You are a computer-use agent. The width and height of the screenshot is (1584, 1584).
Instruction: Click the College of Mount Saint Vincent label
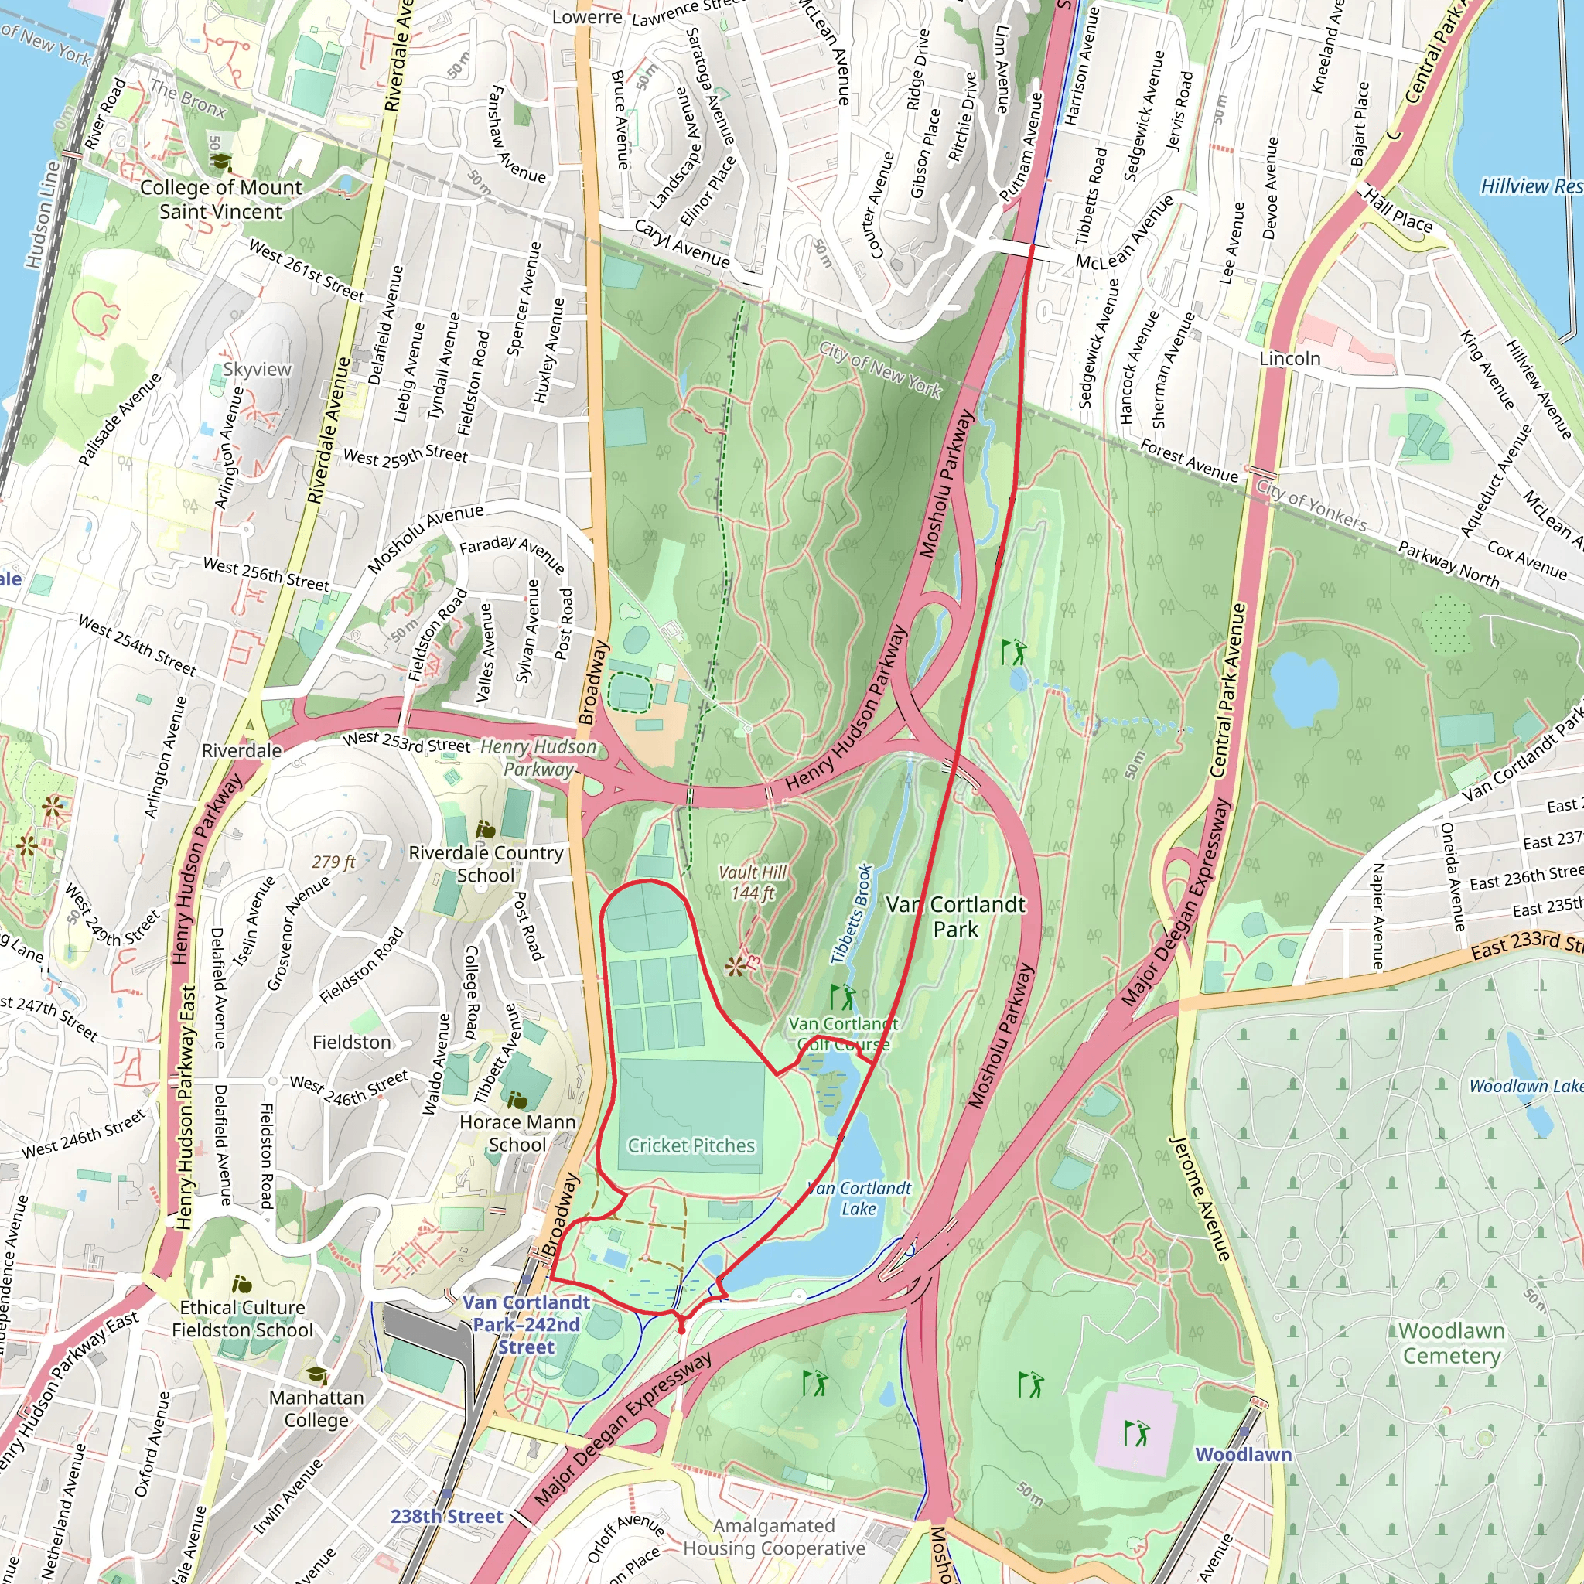[x=220, y=200]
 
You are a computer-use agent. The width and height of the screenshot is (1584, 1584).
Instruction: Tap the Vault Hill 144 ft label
[x=752, y=883]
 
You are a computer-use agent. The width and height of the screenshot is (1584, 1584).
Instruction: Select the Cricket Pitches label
[x=691, y=1145]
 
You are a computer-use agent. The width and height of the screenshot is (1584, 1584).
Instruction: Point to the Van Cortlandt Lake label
[x=859, y=1198]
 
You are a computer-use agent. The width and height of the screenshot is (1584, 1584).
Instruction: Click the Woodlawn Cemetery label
[x=1451, y=1342]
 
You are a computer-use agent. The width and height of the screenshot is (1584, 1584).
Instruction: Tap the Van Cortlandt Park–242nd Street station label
[x=527, y=1324]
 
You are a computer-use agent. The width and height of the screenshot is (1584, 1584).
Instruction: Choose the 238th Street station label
[x=446, y=1516]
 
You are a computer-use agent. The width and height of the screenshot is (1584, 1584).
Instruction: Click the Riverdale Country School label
[x=486, y=863]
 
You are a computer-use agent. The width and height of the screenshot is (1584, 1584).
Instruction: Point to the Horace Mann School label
[x=517, y=1132]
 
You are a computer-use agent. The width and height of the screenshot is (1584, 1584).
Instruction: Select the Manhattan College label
[x=316, y=1408]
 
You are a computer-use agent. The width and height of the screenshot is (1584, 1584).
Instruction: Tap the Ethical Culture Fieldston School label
[x=242, y=1319]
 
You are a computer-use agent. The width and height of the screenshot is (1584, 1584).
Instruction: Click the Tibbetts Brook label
[x=852, y=913]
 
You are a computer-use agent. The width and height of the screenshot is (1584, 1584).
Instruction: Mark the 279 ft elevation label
[x=333, y=862]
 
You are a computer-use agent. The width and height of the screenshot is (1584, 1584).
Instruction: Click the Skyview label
[x=257, y=369]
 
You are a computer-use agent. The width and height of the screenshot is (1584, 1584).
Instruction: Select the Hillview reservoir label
[x=1530, y=187]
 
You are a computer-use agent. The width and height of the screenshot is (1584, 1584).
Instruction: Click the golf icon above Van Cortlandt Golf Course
[x=842, y=997]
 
